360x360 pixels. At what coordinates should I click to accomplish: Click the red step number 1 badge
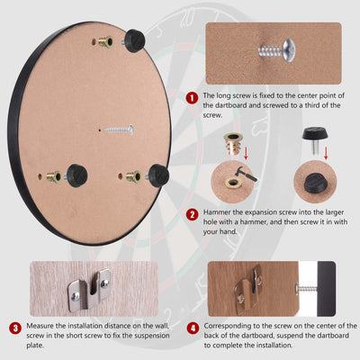pos(192,98)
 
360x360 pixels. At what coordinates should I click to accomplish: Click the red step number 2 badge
pos(192,215)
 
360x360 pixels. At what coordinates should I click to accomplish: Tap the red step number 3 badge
pos(15,328)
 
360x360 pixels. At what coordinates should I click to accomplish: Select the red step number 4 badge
pos(193,328)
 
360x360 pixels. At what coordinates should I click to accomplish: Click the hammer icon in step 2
pos(247,174)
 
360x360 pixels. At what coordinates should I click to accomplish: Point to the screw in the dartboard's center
pos(119,130)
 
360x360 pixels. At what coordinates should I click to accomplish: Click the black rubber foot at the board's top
pos(134,40)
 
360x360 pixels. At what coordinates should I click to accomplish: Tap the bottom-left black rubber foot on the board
pos(76,175)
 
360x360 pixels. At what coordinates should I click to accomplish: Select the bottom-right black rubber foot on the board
pos(157,175)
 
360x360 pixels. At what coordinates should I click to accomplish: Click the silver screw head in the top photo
pos(288,49)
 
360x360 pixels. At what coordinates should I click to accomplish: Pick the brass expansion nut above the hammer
pos(233,144)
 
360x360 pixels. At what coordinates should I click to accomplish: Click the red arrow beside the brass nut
pos(246,153)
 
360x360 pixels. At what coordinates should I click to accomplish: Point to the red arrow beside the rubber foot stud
pos(326,153)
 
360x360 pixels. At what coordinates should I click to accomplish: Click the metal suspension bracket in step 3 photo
pos(89,289)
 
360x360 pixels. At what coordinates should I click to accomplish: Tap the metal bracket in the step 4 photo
pos(248,289)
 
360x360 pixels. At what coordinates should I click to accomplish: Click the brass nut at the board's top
pos(106,42)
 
